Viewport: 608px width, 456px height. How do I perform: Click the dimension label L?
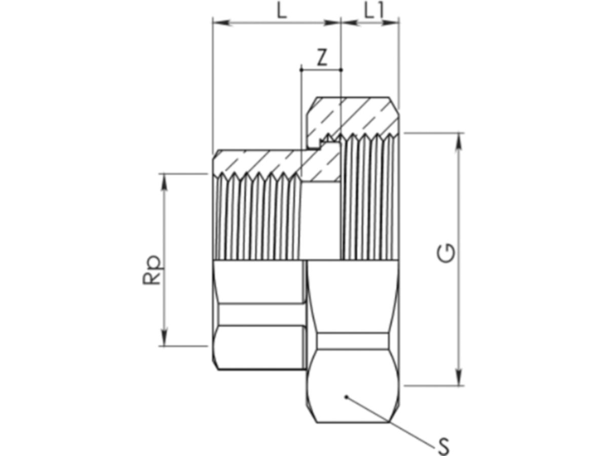point(282,11)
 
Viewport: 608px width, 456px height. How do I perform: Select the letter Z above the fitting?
point(321,58)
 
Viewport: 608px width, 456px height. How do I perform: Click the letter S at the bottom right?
point(443,447)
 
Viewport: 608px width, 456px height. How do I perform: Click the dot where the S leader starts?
point(346,397)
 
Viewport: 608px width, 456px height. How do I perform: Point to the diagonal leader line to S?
point(390,420)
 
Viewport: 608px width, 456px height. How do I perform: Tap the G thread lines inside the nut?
point(370,198)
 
